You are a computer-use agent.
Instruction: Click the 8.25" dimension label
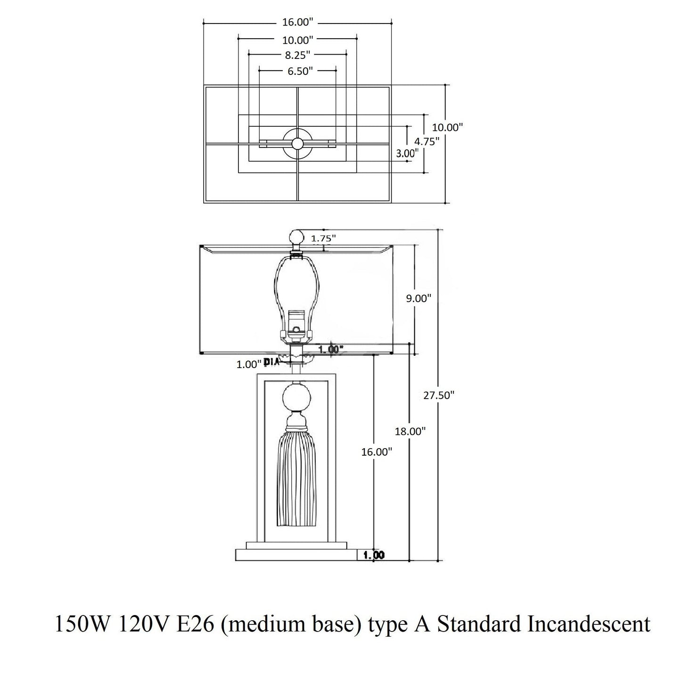[297, 55]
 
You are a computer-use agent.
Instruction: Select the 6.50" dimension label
[298, 71]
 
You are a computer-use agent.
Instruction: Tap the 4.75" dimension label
[427, 141]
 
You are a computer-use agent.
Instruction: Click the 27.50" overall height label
[438, 395]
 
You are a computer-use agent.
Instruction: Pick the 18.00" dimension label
[410, 431]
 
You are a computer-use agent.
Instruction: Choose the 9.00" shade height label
[418, 298]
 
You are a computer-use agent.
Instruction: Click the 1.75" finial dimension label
[323, 238]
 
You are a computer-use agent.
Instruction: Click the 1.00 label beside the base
[374, 555]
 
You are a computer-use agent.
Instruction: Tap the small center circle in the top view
[297, 143]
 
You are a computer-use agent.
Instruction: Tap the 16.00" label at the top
[298, 22]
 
